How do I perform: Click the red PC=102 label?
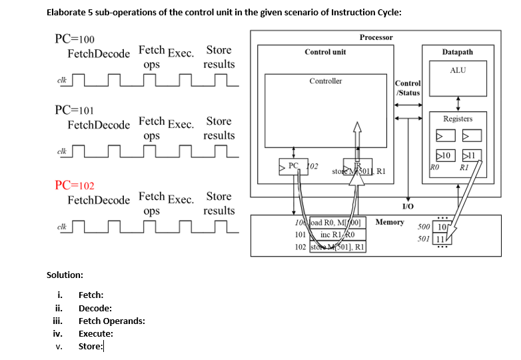74,185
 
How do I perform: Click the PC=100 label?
74,39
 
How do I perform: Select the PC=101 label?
74,110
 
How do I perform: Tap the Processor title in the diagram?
376,37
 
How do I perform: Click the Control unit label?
325,51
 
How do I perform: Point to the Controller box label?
325,81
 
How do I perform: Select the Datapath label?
457,51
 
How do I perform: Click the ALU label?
458,70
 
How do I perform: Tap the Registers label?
458,119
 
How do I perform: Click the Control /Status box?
408,88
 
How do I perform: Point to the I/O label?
408,207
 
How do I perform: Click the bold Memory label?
390,222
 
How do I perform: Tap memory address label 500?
424,227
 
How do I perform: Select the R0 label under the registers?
434,167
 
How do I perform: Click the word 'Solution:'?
65,275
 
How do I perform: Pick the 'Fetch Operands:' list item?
111,321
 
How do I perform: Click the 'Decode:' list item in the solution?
95,308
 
